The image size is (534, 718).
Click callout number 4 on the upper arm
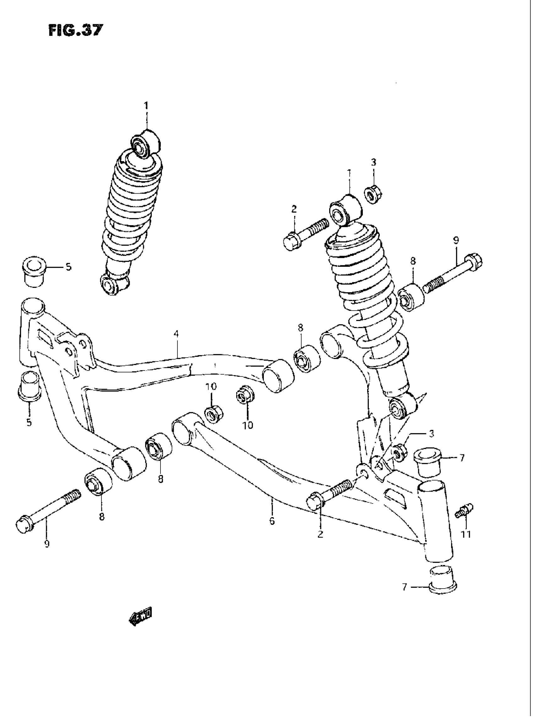coord(176,334)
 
